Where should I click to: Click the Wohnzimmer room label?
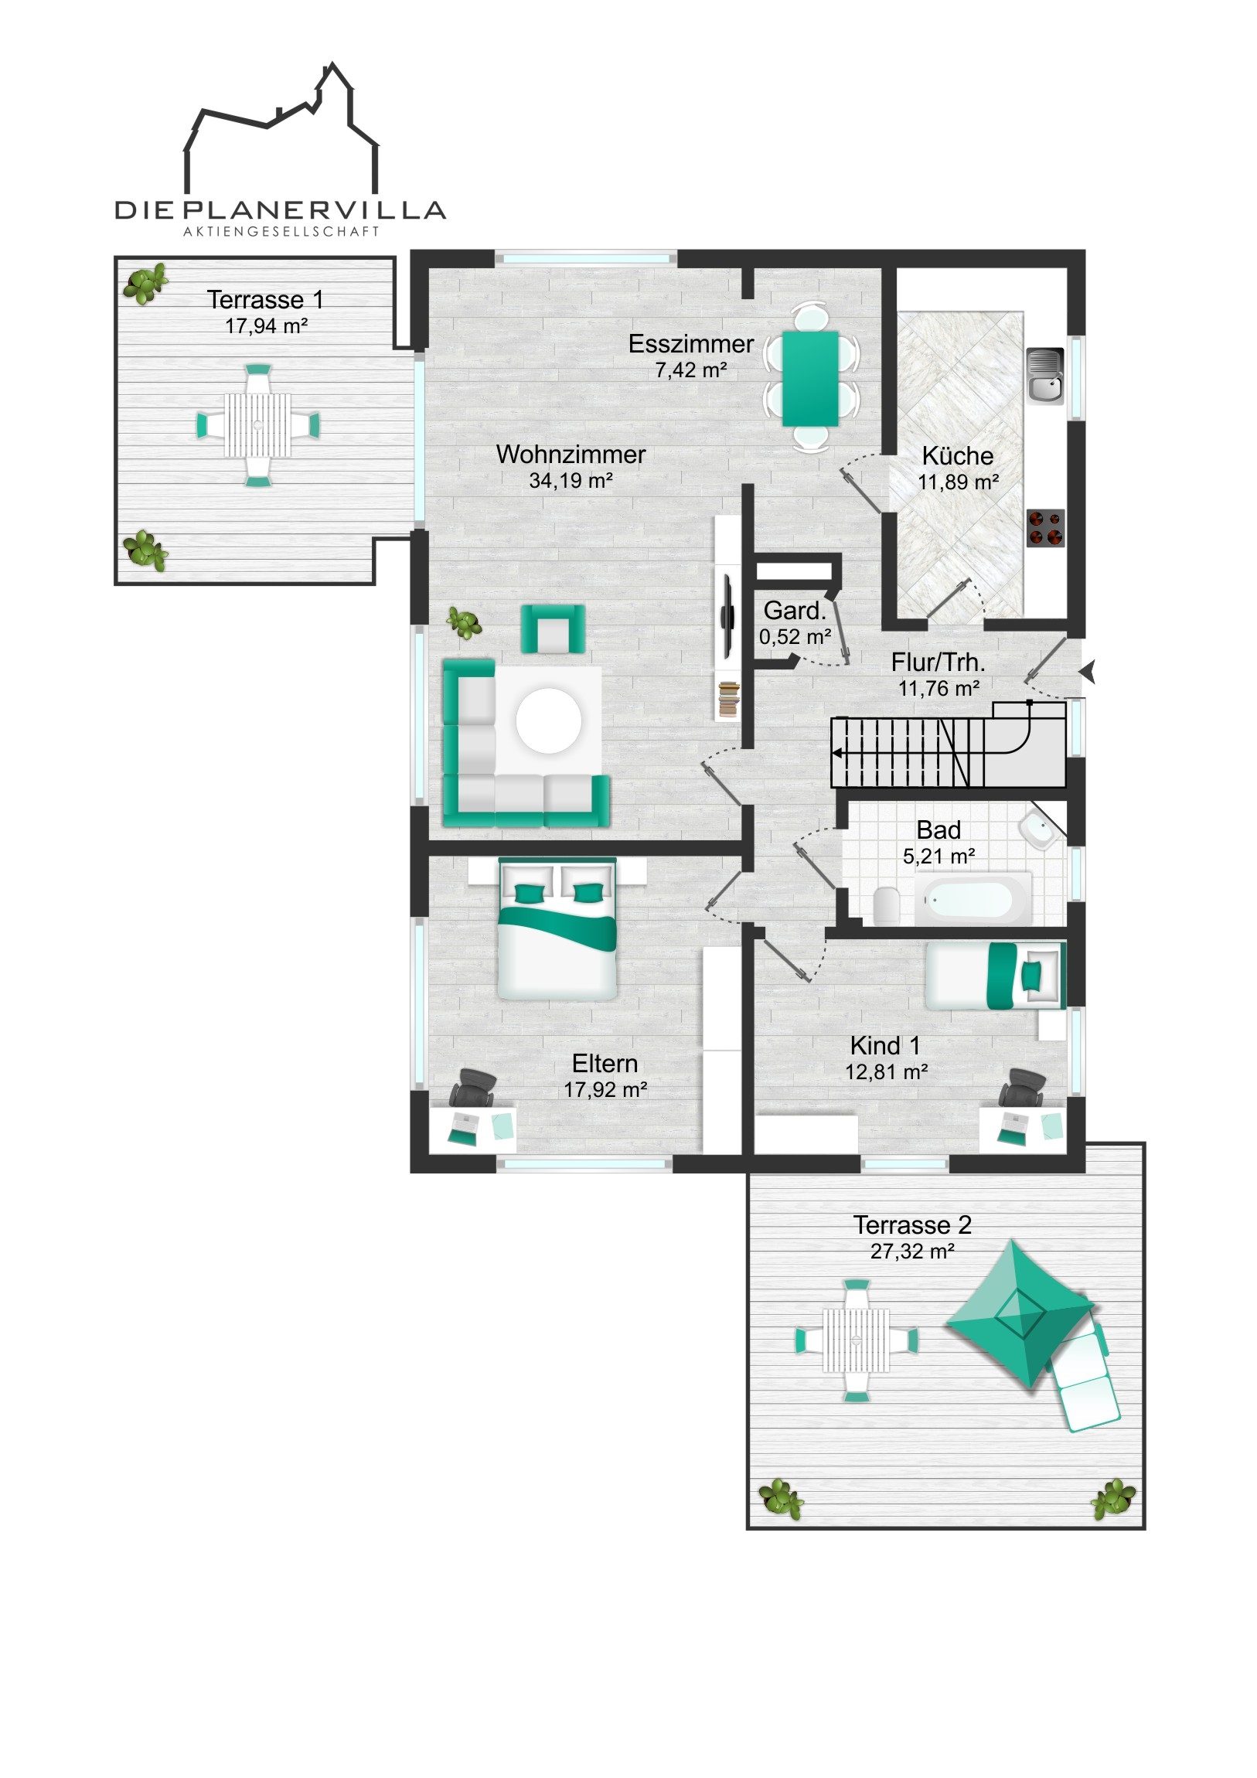coord(571,454)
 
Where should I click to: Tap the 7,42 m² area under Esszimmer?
coord(691,370)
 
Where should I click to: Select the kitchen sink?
coord(1044,376)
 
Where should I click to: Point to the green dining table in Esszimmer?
coord(810,379)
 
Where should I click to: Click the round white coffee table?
coord(549,720)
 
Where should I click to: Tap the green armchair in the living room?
coord(552,628)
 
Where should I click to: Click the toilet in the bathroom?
coord(887,905)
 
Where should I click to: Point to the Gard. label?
coord(795,611)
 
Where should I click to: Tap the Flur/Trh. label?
coord(938,662)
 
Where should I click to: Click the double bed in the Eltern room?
coord(557,928)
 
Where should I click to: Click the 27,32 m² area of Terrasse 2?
coord(912,1251)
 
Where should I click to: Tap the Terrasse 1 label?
coord(265,299)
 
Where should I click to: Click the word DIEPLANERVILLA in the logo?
coord(281,209)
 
